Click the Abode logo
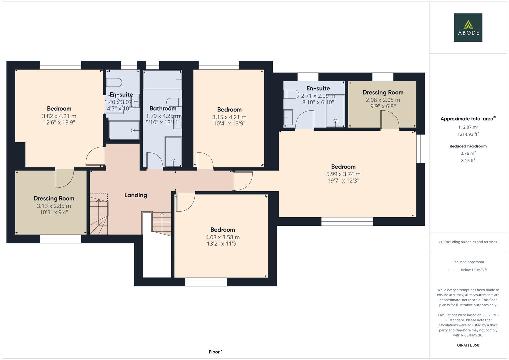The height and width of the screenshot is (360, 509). (x=468, y=27)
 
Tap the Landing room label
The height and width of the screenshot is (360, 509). (x=136, y=195)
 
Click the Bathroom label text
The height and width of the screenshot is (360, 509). (x=163, y=109)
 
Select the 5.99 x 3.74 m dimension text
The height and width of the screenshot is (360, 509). (x=343, y=174)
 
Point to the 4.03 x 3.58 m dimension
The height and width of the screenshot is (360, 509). (x=222, y=237)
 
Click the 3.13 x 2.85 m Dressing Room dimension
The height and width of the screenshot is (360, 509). (x=54, y=206)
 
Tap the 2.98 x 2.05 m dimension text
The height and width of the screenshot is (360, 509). (x=383, y=100)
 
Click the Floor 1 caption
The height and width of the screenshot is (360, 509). (x=216, y=352)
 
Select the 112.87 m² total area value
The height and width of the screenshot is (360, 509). (x=468, y=127)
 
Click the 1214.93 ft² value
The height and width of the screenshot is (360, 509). (x=468, y=134)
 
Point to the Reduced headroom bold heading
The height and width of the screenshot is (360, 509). (x=468, y=146)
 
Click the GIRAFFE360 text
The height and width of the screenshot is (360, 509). (x=468, y=345)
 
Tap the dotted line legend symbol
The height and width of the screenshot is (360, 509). (x=453, y=270)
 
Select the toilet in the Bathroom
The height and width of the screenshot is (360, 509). (x=174, y=102)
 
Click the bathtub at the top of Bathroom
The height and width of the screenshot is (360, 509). (x=162, y=80)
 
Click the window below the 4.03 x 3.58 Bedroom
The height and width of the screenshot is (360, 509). (x=206, y=282)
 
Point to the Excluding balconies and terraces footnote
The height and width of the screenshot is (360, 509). (x=468, y=242)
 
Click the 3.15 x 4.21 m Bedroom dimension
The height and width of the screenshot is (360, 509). (x=229, y=117)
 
